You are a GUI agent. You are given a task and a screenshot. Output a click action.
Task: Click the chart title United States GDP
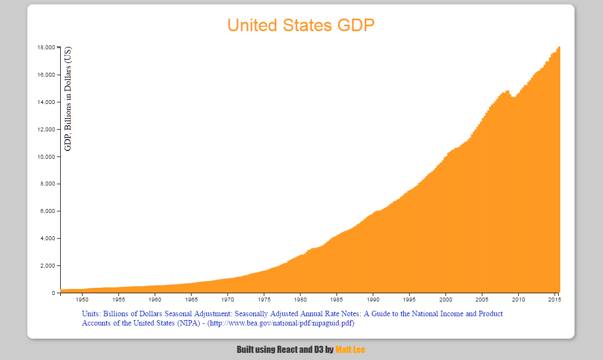301,25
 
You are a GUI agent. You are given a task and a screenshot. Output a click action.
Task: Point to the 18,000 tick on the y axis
46,48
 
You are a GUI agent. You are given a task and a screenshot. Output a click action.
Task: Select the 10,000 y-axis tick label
46,157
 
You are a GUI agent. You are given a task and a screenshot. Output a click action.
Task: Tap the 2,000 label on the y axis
47,266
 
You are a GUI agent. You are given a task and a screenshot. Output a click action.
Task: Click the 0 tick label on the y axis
53,293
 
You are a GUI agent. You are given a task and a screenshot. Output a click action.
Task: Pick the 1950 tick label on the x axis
82,300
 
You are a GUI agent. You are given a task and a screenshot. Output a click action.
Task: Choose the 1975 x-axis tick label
264,300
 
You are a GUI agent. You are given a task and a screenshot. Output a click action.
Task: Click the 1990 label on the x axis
373,300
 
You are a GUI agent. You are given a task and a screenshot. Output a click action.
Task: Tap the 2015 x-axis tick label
555,300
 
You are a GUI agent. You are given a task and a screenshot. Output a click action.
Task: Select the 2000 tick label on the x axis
446,300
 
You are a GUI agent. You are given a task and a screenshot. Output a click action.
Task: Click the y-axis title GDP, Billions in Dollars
68,98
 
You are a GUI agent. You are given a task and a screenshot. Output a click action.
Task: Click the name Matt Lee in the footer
350,350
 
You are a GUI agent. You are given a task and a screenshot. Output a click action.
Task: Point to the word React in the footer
288,350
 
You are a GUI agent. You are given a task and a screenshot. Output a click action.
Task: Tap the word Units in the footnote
91,314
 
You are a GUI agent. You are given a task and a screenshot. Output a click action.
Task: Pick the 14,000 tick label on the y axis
46,102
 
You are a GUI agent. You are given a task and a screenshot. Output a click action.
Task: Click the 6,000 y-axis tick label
47,211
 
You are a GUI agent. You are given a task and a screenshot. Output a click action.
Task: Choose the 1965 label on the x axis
191,300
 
